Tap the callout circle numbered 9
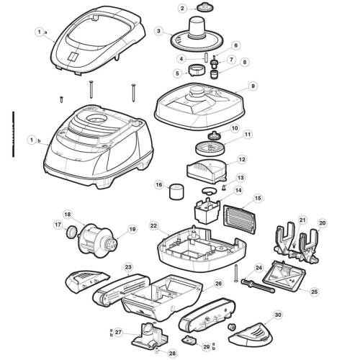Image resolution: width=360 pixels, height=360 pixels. point(253,86)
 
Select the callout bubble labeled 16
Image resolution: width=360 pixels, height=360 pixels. point(158,185)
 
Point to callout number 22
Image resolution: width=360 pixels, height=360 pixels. point(153,225)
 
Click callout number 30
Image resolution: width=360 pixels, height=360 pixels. point(277,315)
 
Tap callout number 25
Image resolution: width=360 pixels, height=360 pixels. point(313,292)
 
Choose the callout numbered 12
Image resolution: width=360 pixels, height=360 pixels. point(242,159)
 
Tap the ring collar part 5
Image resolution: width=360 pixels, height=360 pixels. point(193,71)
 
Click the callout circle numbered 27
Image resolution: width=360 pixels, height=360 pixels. point(118,332)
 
